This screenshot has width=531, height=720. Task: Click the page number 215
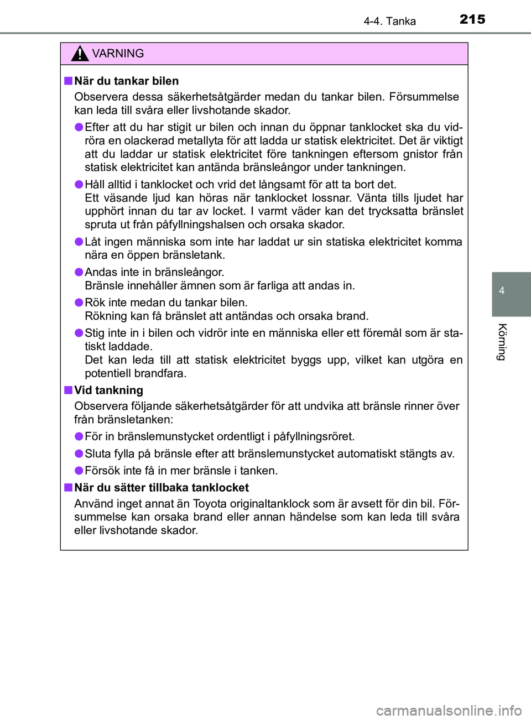pyautogui.click(x=472, y=19)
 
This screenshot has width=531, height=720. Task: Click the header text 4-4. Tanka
pyautogui.click(x=389, y=21)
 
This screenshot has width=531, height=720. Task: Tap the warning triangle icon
pyautogui.click(x=80, y=54)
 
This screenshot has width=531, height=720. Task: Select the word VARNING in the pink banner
pyautogui.click(x=118, y=54)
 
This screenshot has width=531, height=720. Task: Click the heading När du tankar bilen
pyautogui.click(x=126, y=81)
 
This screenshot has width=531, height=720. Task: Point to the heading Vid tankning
pyautogui.click(x=108, y=390)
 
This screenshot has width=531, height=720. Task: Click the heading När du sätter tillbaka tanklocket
pyautogui.click(x=161, y=488)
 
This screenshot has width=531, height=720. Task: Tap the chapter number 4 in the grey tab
pyautogui.click(x=502, y=291)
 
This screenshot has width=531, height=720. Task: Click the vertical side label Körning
pyautogui.click(x=502, y=342)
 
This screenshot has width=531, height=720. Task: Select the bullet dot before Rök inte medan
pyautogui.click(x=79, y=302)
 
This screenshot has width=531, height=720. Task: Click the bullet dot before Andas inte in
pyautogui.click(x=79, y=272)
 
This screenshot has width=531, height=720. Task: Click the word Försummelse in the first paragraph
pyautogui.click(x=424, y=97)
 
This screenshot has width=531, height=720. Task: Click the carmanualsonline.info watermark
pyautogui.click(x=449, y=710)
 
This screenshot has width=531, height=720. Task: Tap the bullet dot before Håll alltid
pyautogui.click(x=79, y=185)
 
